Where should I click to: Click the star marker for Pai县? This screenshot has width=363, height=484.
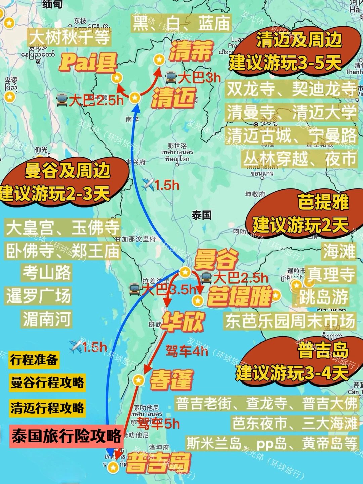tap(117, 78)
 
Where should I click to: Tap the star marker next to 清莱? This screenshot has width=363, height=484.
tap(159, 60)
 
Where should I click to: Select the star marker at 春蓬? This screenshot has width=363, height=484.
tap(138, 380)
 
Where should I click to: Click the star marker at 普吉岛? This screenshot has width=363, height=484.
tap(113, 467)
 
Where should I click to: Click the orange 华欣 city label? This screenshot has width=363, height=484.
tap(183, 321)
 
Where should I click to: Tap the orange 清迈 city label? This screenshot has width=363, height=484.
tap(173, 98)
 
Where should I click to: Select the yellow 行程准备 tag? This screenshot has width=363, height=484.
tap(34, 360)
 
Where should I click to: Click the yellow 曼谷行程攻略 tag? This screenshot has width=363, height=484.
tap(47, 382)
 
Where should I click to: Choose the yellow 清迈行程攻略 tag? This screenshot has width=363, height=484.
tap(47, 408)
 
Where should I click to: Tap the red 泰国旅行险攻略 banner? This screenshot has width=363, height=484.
tap(67, 436)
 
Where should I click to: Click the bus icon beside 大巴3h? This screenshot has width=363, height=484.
tap(171, 78)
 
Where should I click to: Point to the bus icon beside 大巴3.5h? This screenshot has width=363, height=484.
tap(135, 289)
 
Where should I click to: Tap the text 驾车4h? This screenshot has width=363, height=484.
tap(187, 351)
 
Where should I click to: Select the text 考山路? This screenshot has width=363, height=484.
tap(47, 272)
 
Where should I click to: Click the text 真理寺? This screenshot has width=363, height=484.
tap(331, 274)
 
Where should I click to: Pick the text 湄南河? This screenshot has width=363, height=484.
tap(47, 319)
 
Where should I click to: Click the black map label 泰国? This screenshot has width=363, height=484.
tap(201, 215)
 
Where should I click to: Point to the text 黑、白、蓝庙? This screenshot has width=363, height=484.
tap(182, 24)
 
